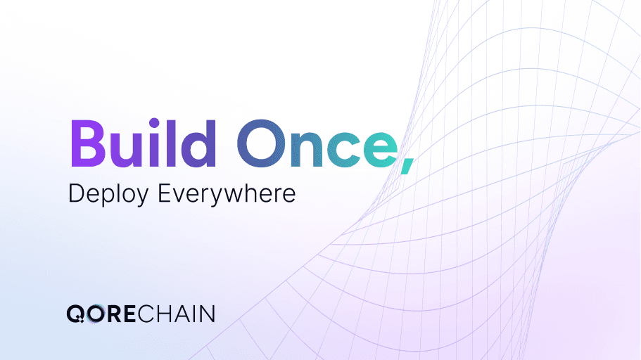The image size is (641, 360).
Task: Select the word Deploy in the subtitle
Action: pyautogui.click(x=109, y=194)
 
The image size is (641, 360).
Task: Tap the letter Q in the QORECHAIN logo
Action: pyautogui.click(x=75, y=313)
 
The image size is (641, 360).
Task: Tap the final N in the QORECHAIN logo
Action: pyautogui.click(x=207, y=313)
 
